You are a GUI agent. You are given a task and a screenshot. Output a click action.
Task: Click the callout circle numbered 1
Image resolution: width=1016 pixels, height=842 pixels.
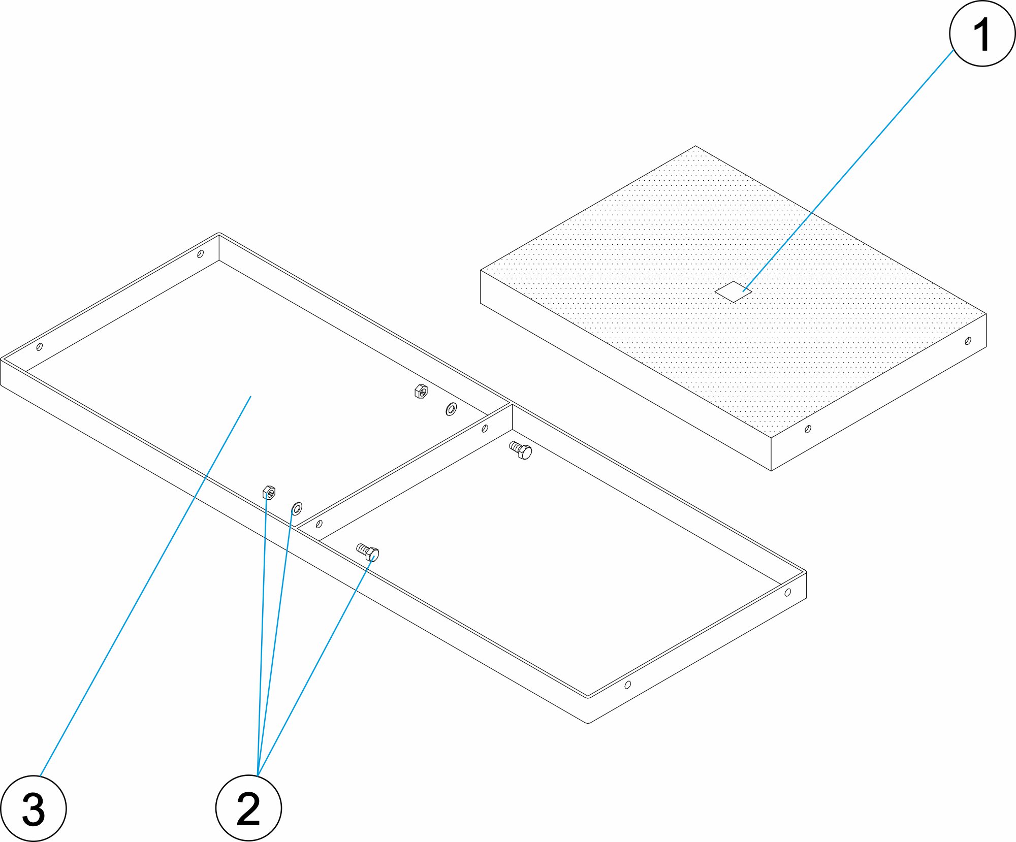click(982, 34)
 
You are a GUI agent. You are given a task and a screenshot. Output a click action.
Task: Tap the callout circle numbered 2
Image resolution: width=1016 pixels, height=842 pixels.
click(248, 808)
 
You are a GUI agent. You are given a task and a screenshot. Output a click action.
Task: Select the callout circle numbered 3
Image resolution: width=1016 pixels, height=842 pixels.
click(34, 808)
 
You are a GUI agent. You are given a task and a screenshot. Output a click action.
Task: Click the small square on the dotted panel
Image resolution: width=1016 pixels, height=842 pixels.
click(733, 292)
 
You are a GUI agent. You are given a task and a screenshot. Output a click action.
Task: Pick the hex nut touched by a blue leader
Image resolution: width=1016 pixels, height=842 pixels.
click(269, 493)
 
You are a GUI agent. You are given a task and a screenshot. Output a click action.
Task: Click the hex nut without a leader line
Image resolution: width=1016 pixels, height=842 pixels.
click(421, 392)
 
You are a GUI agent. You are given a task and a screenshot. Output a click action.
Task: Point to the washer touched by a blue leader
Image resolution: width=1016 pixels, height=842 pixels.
click(297, 508)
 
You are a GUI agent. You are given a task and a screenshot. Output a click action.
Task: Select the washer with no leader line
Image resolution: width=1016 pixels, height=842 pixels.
click(451, 409)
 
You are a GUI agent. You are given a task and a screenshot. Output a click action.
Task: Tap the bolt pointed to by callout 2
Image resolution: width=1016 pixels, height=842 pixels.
click(368, 552)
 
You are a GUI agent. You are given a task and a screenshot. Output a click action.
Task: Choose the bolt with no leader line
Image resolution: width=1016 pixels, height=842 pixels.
click(521, 450)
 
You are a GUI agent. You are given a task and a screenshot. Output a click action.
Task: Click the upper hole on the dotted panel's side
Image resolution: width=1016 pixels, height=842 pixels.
click(968, 341)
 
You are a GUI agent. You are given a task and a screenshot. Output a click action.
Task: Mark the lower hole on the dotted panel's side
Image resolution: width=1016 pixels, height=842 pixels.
click(808, 429)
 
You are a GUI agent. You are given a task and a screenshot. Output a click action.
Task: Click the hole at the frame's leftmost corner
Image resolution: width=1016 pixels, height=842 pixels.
click(40, 347)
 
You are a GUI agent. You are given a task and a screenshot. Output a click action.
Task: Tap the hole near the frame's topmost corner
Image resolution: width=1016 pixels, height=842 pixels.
click(200, 253)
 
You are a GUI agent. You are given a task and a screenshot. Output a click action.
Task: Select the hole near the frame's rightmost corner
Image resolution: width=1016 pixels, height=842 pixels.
click(787, 593)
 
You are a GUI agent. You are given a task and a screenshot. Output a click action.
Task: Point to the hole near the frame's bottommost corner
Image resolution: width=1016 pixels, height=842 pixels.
click(628, 685)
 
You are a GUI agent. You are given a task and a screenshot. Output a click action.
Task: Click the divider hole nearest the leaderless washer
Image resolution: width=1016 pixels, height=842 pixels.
click(485, 429)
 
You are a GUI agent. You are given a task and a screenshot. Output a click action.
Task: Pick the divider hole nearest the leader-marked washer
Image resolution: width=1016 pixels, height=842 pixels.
click(319, 524)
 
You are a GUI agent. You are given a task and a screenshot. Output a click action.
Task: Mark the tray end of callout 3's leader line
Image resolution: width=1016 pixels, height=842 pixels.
click(251, 397)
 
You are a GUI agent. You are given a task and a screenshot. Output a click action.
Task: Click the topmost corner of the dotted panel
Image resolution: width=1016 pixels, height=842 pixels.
click(695, 146)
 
